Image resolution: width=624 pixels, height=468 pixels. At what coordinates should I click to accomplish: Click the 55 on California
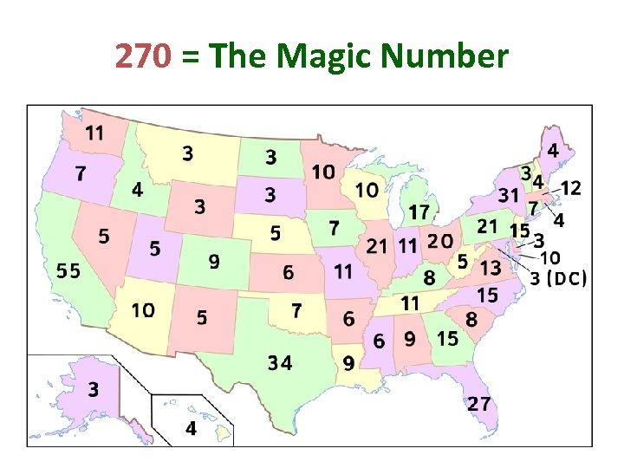click(68, 270)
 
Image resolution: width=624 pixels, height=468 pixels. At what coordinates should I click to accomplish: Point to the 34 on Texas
click(279, 363)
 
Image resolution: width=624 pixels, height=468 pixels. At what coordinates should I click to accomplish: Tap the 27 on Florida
click(479, 403)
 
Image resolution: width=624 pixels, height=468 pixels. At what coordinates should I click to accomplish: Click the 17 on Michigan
click(419, 211)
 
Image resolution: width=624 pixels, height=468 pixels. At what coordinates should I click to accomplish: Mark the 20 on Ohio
click(440, 241)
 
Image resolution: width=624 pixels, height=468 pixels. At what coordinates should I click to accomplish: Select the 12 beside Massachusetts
click(571, 187)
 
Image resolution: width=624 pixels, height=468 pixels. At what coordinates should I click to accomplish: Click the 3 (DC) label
click(558, 278)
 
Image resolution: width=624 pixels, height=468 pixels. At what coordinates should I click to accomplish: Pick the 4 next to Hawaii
click(190, 428)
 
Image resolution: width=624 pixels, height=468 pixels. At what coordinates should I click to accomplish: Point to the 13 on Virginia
click(491, 269)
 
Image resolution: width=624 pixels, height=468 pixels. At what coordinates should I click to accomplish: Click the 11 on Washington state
click(95, 133)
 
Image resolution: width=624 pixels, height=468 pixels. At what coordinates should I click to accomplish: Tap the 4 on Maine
click(552, 150)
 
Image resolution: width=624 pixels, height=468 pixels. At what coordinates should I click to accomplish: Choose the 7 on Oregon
click(80, 173)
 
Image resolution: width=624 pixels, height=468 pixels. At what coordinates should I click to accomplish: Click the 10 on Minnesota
click(323, 172)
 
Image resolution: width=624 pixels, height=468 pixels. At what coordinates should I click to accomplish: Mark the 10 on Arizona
click(143, 309)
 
